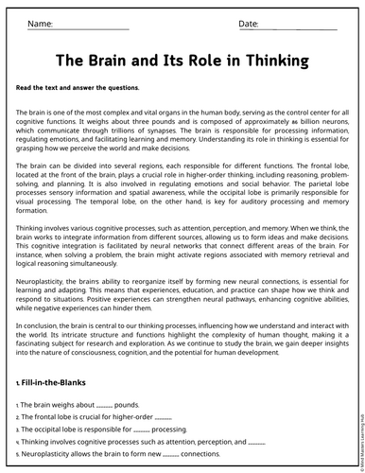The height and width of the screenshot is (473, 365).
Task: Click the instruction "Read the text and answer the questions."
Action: (x=78, y=87)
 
